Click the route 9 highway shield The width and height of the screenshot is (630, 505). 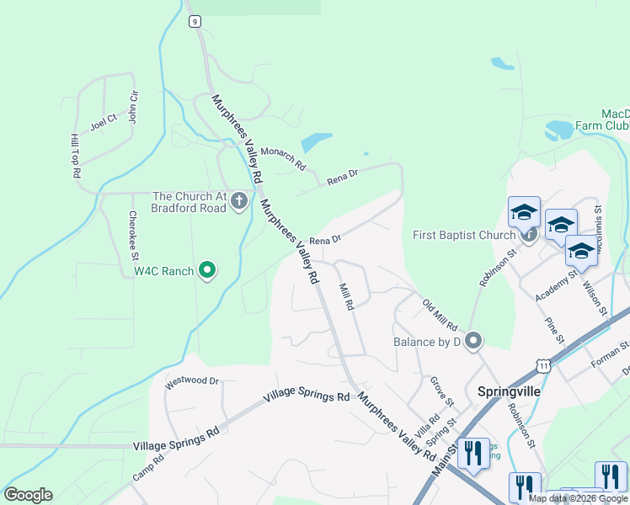195,22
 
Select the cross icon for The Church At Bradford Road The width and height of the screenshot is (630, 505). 239,202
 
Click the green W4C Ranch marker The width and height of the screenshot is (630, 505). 207,271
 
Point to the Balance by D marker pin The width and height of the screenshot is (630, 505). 473,341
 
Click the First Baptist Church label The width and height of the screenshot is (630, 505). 463,235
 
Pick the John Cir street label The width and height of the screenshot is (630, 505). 132,108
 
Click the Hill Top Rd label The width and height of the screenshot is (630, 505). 75,156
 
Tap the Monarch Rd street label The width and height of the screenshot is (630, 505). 282,157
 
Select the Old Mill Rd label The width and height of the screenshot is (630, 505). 439,313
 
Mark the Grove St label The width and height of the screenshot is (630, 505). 442,391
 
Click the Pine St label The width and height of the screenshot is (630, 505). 553,331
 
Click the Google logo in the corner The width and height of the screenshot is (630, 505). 28,494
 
